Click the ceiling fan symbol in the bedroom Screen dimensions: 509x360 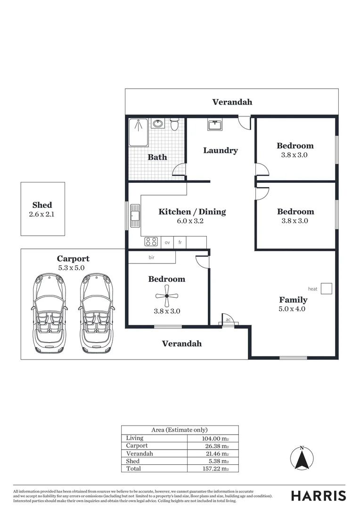167,296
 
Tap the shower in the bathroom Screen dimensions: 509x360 139,132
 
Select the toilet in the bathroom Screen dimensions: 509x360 174,124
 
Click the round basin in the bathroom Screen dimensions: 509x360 158,124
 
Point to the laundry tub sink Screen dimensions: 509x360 215,125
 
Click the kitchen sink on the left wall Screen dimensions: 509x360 135,216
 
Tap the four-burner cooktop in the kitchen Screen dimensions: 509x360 151,242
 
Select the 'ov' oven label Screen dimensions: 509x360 167,242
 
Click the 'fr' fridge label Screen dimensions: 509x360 180,242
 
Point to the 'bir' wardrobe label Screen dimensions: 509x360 152,258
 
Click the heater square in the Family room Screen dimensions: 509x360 327,288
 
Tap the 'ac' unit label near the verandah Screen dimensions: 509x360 228,320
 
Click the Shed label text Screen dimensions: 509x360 42,205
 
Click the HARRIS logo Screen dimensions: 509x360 318,495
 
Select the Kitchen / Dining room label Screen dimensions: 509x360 192,212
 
